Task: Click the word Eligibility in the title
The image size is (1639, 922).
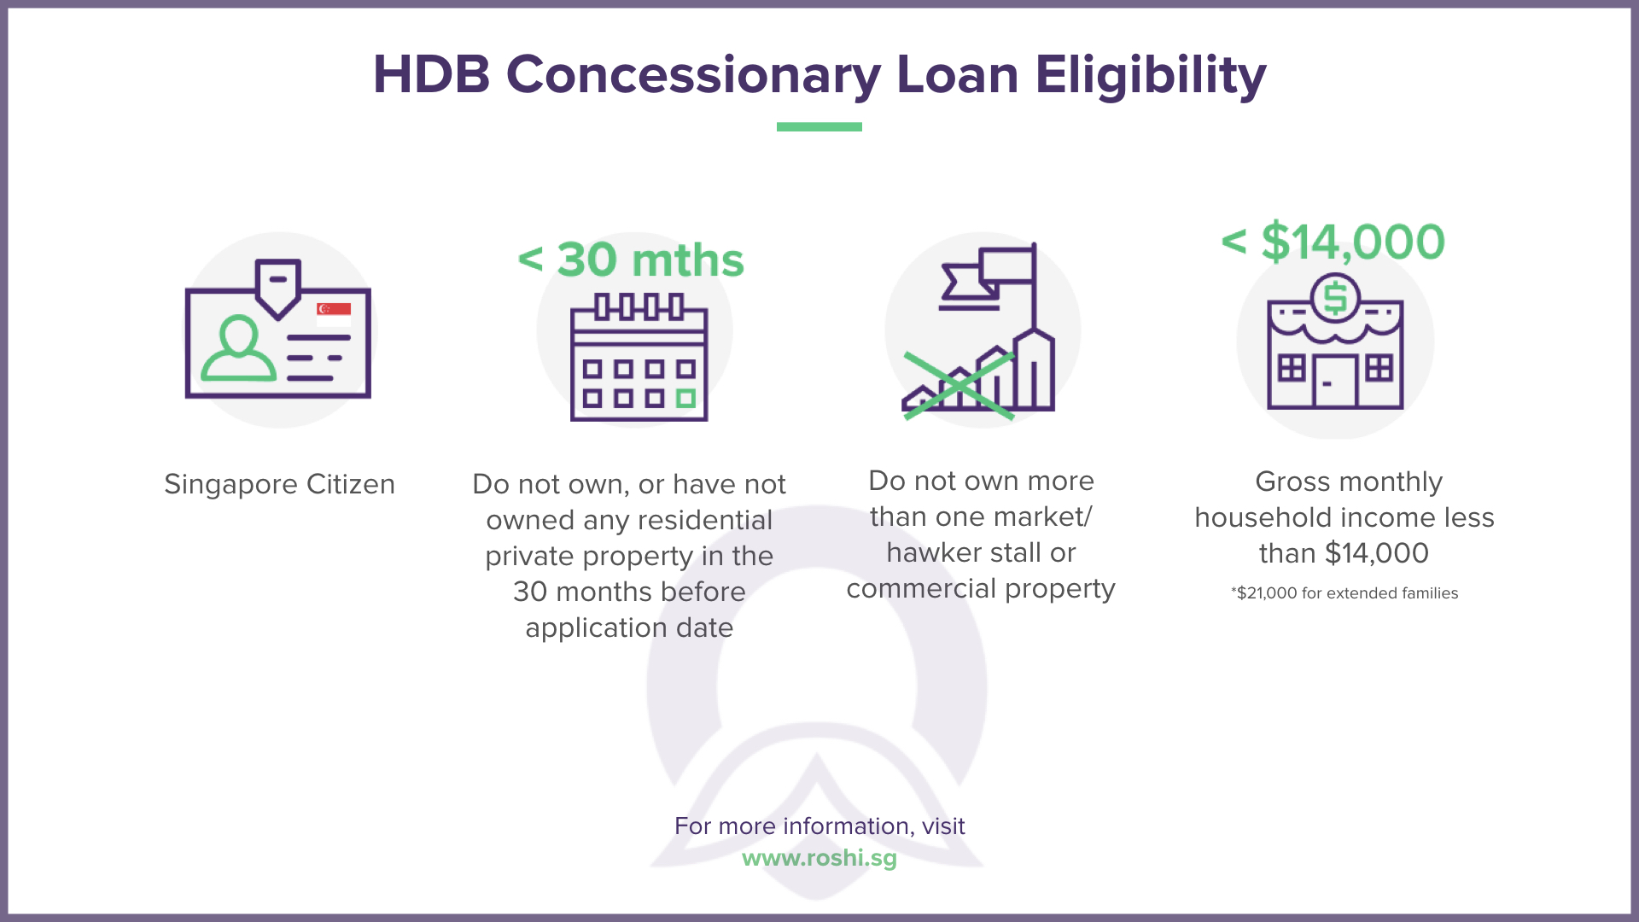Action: (1150, 75)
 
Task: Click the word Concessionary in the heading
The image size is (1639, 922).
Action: (693, 75)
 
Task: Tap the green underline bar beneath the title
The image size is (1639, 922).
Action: (819, 127)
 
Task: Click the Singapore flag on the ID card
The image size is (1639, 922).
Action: (334, 312)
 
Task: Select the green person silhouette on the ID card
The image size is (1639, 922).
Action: (238, 350)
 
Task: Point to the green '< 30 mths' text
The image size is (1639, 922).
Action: (631, 260)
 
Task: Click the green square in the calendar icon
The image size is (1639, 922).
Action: (685, 399)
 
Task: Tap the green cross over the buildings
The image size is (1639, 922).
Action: (959, 386)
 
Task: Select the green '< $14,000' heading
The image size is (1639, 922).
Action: (1333, 242)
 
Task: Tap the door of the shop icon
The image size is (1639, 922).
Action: (1334, 382)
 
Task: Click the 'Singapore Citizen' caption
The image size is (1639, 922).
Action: (279, 484)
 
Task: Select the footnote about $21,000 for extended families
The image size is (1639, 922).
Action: (1344, 593)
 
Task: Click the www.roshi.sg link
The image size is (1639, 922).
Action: (819, 857)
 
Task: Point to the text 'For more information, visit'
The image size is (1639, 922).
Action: (819, 826)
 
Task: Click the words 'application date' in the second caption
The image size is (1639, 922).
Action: (629, 628)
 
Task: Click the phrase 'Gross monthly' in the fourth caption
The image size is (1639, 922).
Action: (1348, 481)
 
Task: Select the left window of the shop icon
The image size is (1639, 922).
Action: (1291, 369)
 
